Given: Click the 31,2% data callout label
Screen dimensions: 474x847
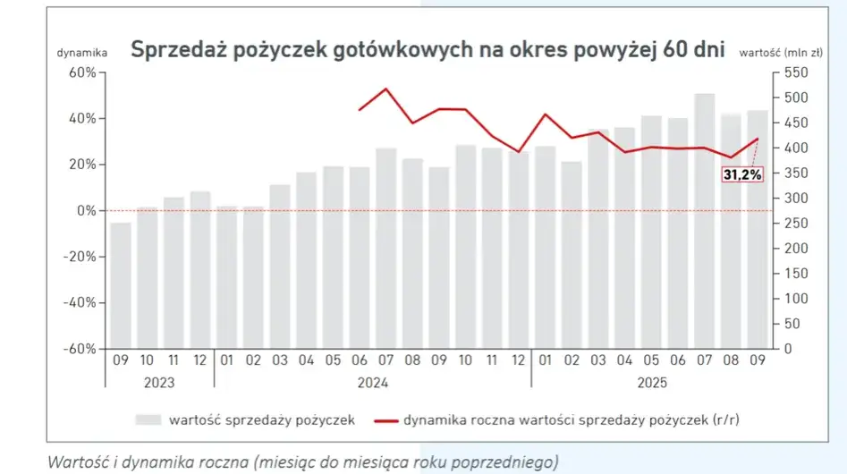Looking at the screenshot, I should (743, 175).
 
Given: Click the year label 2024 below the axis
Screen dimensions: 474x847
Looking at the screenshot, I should (372, 382).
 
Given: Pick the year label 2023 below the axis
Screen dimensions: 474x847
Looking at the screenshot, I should (159, 382).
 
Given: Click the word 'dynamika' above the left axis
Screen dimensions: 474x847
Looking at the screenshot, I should (81, 53).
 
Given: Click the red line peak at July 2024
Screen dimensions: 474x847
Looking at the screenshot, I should (385, 89).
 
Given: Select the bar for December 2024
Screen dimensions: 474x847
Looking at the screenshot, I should (518, 250).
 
